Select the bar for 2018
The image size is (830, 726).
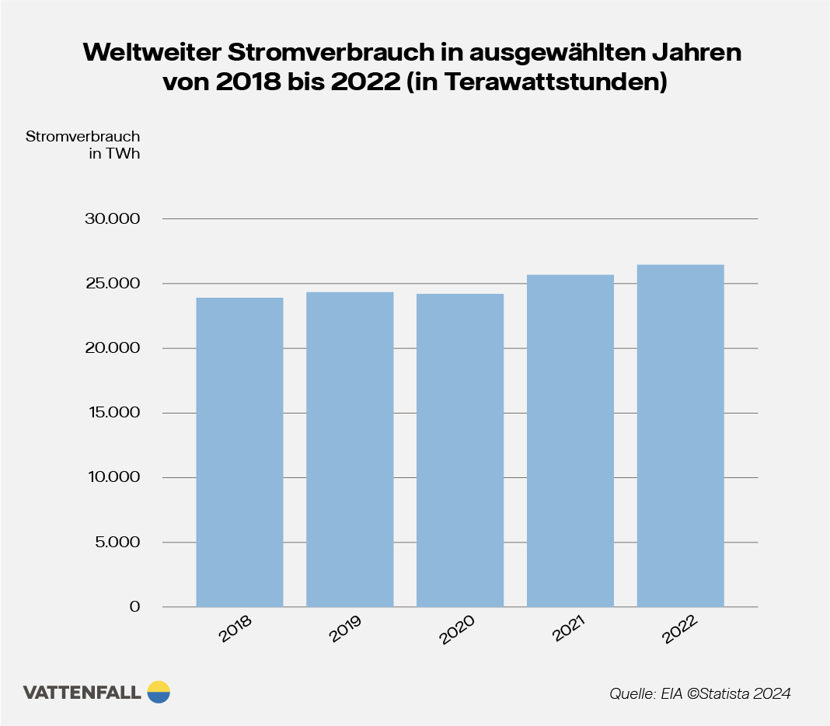click(239, 452)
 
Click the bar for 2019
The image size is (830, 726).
click(350, 449)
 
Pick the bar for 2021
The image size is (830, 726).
click(570, 440)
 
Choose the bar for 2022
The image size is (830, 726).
click(680, 435)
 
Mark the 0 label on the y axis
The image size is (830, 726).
click(134, 606)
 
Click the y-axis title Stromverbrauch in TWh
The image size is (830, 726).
click(82, 145)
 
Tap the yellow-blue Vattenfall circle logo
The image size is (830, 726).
click(158, 692)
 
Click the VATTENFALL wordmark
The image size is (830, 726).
click(82, 693)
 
